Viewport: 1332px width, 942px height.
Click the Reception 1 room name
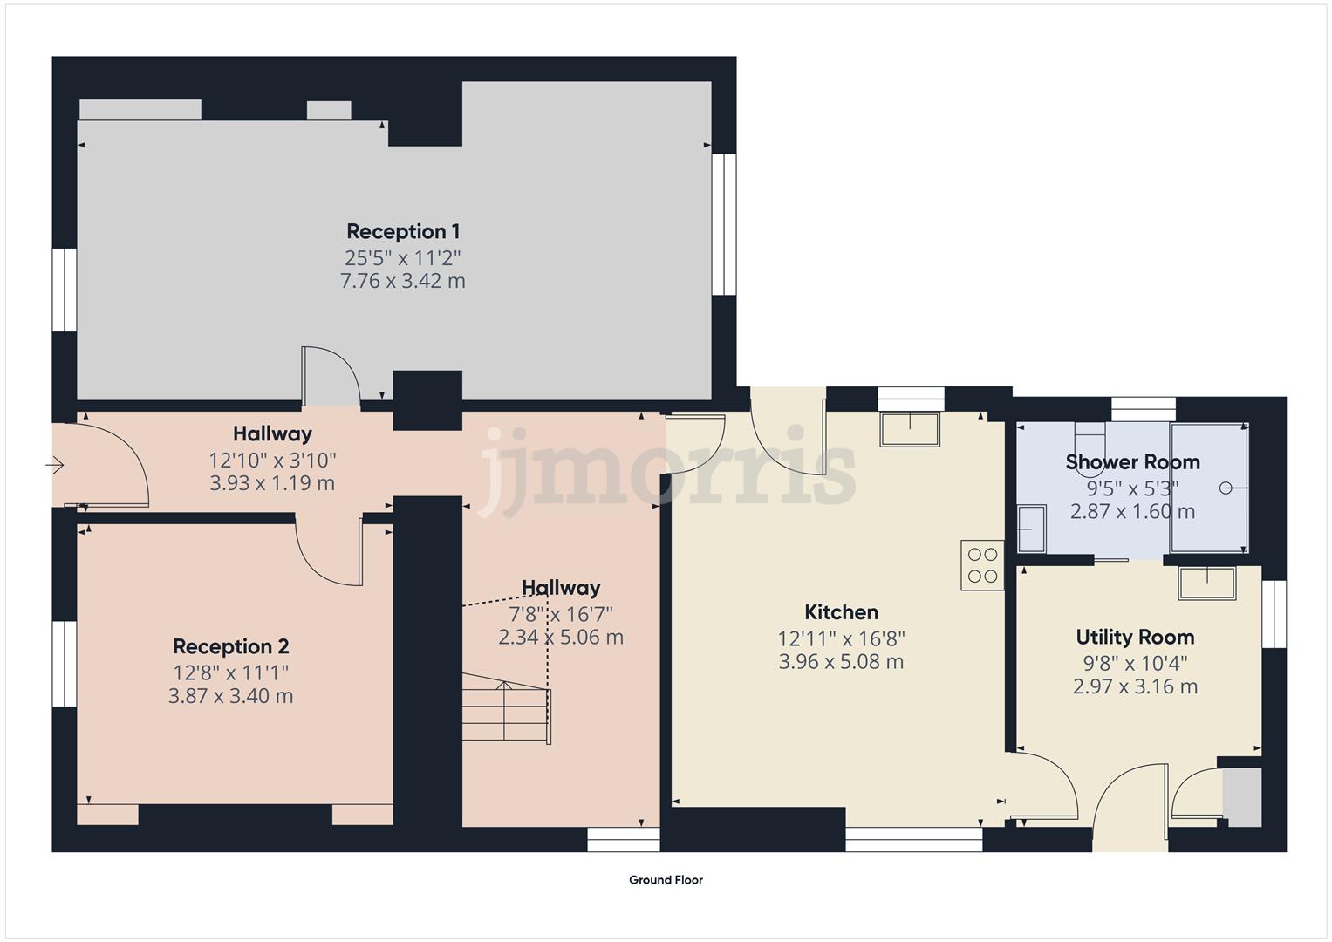click(403, 231)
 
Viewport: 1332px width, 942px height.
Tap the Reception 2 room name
click(230, 646)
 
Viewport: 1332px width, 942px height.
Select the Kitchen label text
click(841, 612)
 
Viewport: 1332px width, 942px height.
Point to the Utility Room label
click(1135, 637)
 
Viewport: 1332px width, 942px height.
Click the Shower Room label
click(1132, 461)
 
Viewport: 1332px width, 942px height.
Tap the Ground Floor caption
click(666, 880)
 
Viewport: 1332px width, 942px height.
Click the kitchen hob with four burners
click(982, 565)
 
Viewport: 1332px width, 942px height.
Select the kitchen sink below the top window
click(910, 430)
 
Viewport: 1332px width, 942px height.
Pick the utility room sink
click(1207, 583)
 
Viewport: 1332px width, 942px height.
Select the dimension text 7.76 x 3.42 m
click(403, 281)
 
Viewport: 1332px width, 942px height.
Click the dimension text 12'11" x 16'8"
click(841, 638)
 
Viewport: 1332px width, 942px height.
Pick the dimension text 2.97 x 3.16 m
click(1135, 686)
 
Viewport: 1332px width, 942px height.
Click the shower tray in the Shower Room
click(1209, 488)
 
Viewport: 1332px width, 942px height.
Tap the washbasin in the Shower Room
click(1032, 529)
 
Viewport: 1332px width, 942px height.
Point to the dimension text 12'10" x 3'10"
click(272, 459)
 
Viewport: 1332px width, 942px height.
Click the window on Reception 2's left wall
click(65, 663)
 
